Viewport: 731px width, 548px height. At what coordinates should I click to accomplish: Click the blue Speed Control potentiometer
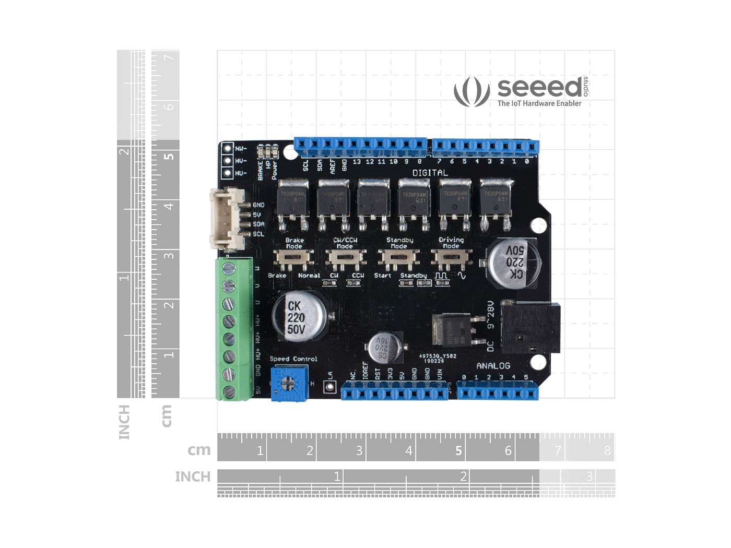pyautogui.click(x=289, y=384)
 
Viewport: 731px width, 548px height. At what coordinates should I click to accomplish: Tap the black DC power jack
pyautogui.click(x=530, y=328)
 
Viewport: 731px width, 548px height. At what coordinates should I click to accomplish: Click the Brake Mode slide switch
pyautogui.click(x=293, y=257)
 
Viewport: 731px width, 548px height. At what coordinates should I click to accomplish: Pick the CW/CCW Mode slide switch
pyautogui.click(x=345, y=257)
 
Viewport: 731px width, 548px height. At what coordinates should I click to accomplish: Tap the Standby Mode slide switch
pyautogui.click(x=398, y=257)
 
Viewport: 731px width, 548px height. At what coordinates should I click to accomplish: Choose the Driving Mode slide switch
pyautogui.click(x=451, y=257)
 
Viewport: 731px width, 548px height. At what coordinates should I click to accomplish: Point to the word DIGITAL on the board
pyautogui.click(x=430, y=173)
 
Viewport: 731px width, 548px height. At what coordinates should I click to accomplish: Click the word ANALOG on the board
pyautogui.click(x=493, y=366)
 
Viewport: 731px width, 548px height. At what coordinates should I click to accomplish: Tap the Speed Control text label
pyautogui.click(x=293, y=359)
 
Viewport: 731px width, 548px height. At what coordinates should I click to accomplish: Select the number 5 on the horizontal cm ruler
pyautogui.click(x=458, y=450)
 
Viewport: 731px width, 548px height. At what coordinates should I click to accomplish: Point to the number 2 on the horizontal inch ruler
pyautogui.click(x=463, y=476)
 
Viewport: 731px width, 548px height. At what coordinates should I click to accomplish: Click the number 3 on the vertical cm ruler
pyautogui.click(x=169, y=256)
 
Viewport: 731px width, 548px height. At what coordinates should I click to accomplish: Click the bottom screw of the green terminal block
pyautogui.click(x=229, y=392)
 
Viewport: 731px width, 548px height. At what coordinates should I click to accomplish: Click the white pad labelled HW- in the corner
pyautogui.click(x=228, y=149)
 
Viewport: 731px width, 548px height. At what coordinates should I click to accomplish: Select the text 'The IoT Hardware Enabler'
pyautogui.click(x=539, y=103)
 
